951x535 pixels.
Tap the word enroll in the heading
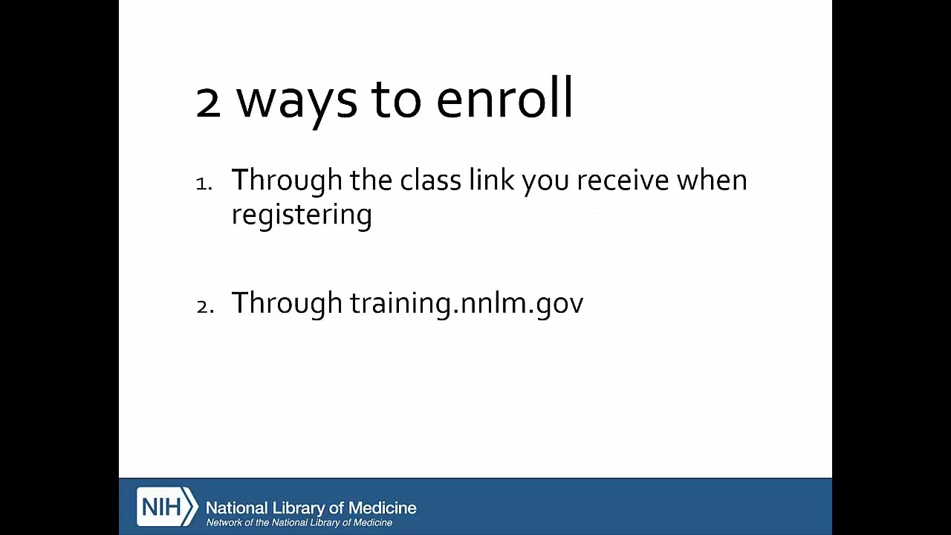pyautogui.click(x=504, y=99)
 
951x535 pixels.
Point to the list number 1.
pyautogui.click(x=204, y=184)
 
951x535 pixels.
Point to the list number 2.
pyautogui.click(x=204, y=306)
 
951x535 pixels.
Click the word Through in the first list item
pyautogui.click(x=287, y=181)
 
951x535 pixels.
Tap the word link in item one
pyautogui.click(x=490, y=181)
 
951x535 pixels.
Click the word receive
pyautogui.click(x=623, y=181)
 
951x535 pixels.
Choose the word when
pyautogui.click(x=711, y=181)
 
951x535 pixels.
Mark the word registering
pyautogui.click(x=302, y=215)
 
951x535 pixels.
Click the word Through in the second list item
pyautogui.click(x=287, y=303)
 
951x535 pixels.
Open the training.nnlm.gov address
pyautogui.click(x=467, y=303)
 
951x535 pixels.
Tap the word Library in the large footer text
pyautogui.click(x=298, y=508)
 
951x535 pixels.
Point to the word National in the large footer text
pyautogui.click(x=236, y=508)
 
